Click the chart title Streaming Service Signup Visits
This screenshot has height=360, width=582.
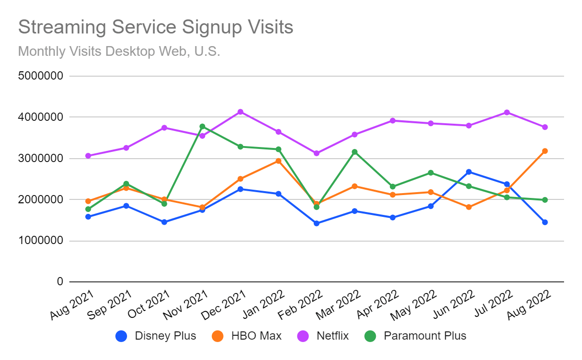(156, 27)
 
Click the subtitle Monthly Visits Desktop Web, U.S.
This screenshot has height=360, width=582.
(119, 51)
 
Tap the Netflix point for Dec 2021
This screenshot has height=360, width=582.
(240, 112)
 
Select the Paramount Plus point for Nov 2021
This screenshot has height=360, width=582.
(202, 126)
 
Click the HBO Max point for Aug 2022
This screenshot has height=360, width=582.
(545, 151)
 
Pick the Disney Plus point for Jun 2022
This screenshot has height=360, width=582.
(469, 172)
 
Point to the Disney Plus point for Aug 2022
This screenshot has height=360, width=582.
(545, 222)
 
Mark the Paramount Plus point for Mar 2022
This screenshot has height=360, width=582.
(355, 152)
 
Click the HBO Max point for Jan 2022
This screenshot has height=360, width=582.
(278, 161)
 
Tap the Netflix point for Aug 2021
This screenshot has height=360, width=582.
(88, 156)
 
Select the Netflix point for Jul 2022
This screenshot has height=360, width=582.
(507, 112)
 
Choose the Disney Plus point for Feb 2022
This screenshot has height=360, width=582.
(316, 224)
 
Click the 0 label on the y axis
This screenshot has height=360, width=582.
(59, 282)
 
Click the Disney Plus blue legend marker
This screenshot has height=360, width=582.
(122, 336)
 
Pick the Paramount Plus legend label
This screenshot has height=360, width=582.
(425, 336)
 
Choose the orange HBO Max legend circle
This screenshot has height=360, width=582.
(218, 336)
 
